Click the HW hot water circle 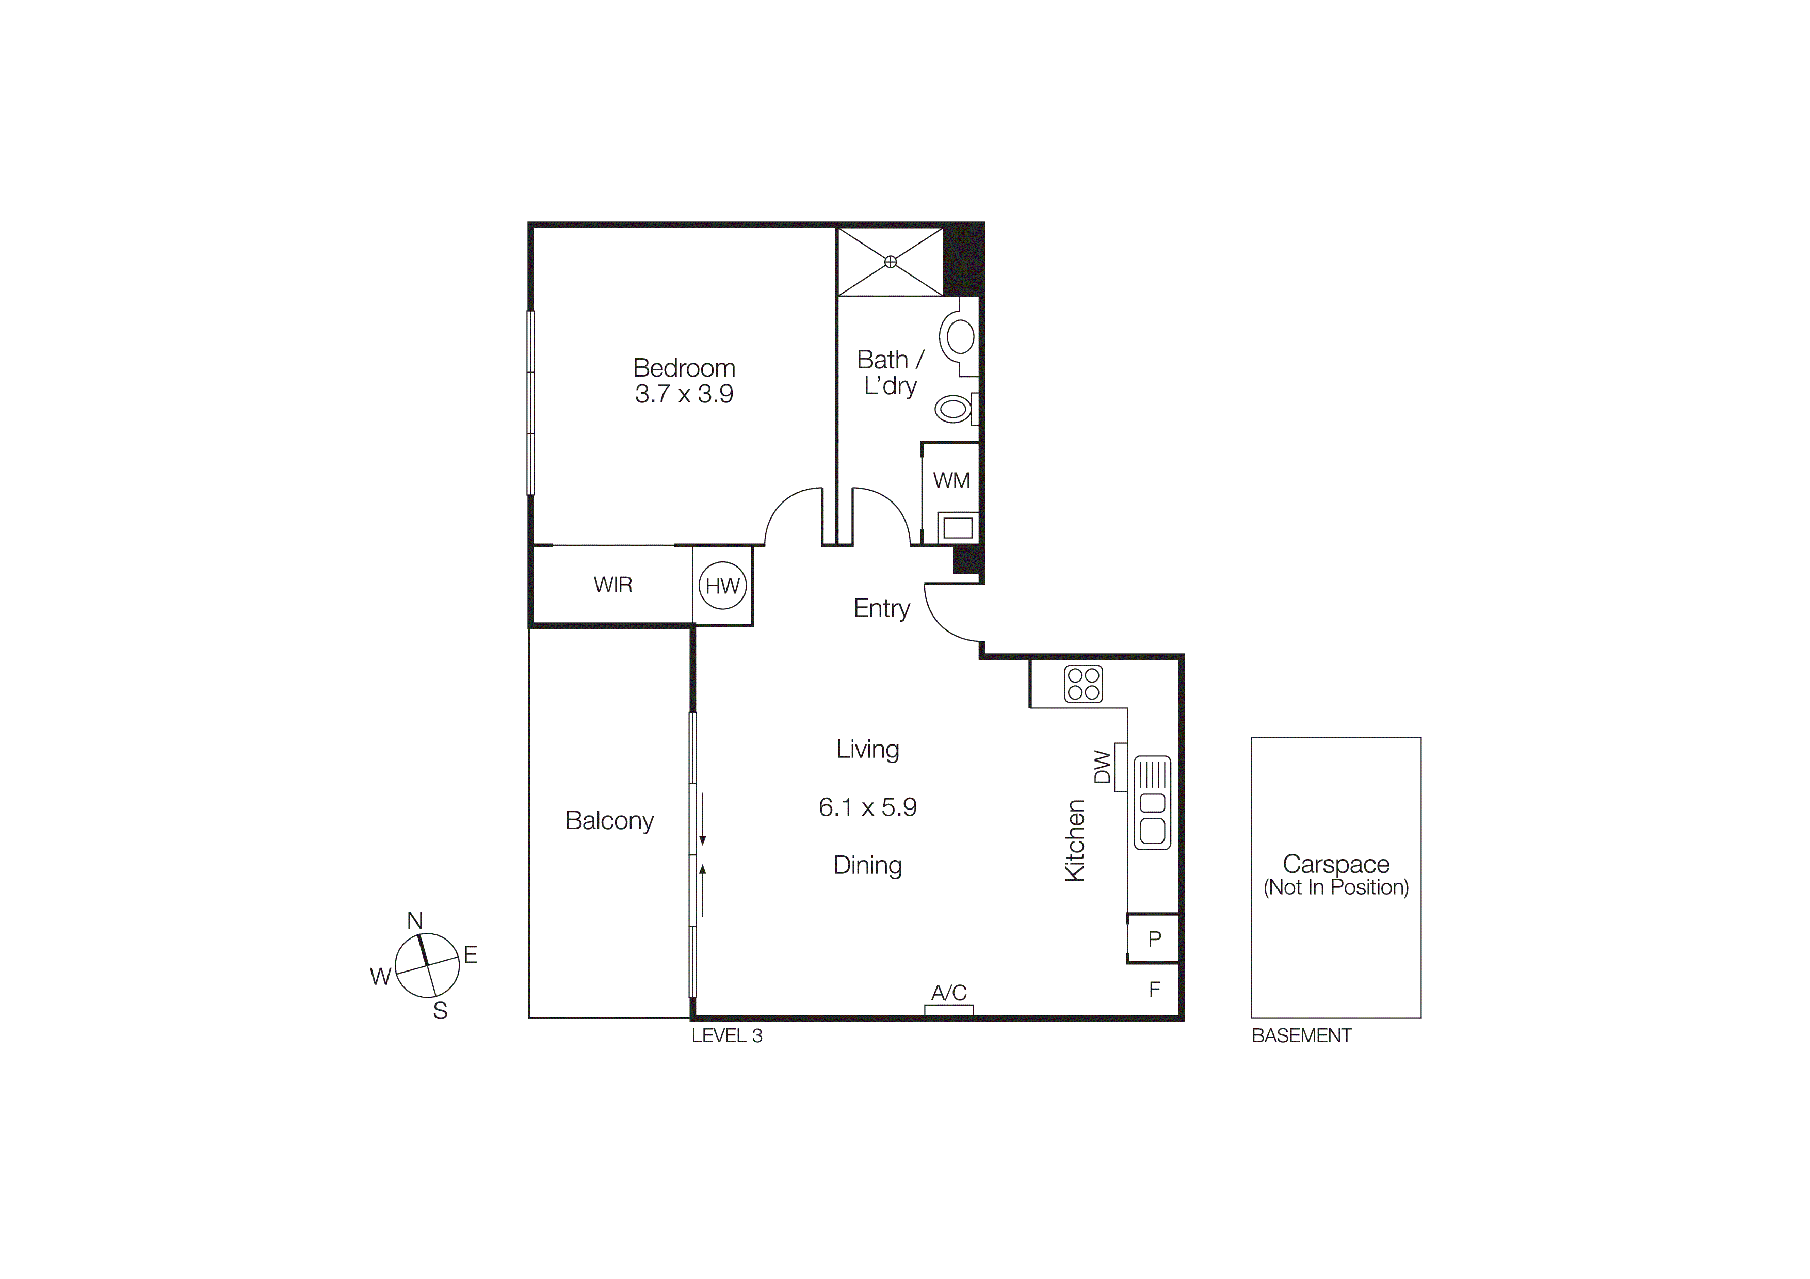click(x=722, y=586)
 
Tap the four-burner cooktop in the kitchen click(x=1083, y=684)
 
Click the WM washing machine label click(x=951, y=480)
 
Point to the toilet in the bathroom click(x=954, y=409)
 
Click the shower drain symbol click(x=890, y=262)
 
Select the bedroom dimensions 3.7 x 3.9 click(x=684, y=393)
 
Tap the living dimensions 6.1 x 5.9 click(x=867, y=807)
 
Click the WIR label click(x=612, y=585)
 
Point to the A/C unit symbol click(x=948, y=1010)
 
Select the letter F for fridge click(x=1154, y=989)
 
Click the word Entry click(x=881, y=608)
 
